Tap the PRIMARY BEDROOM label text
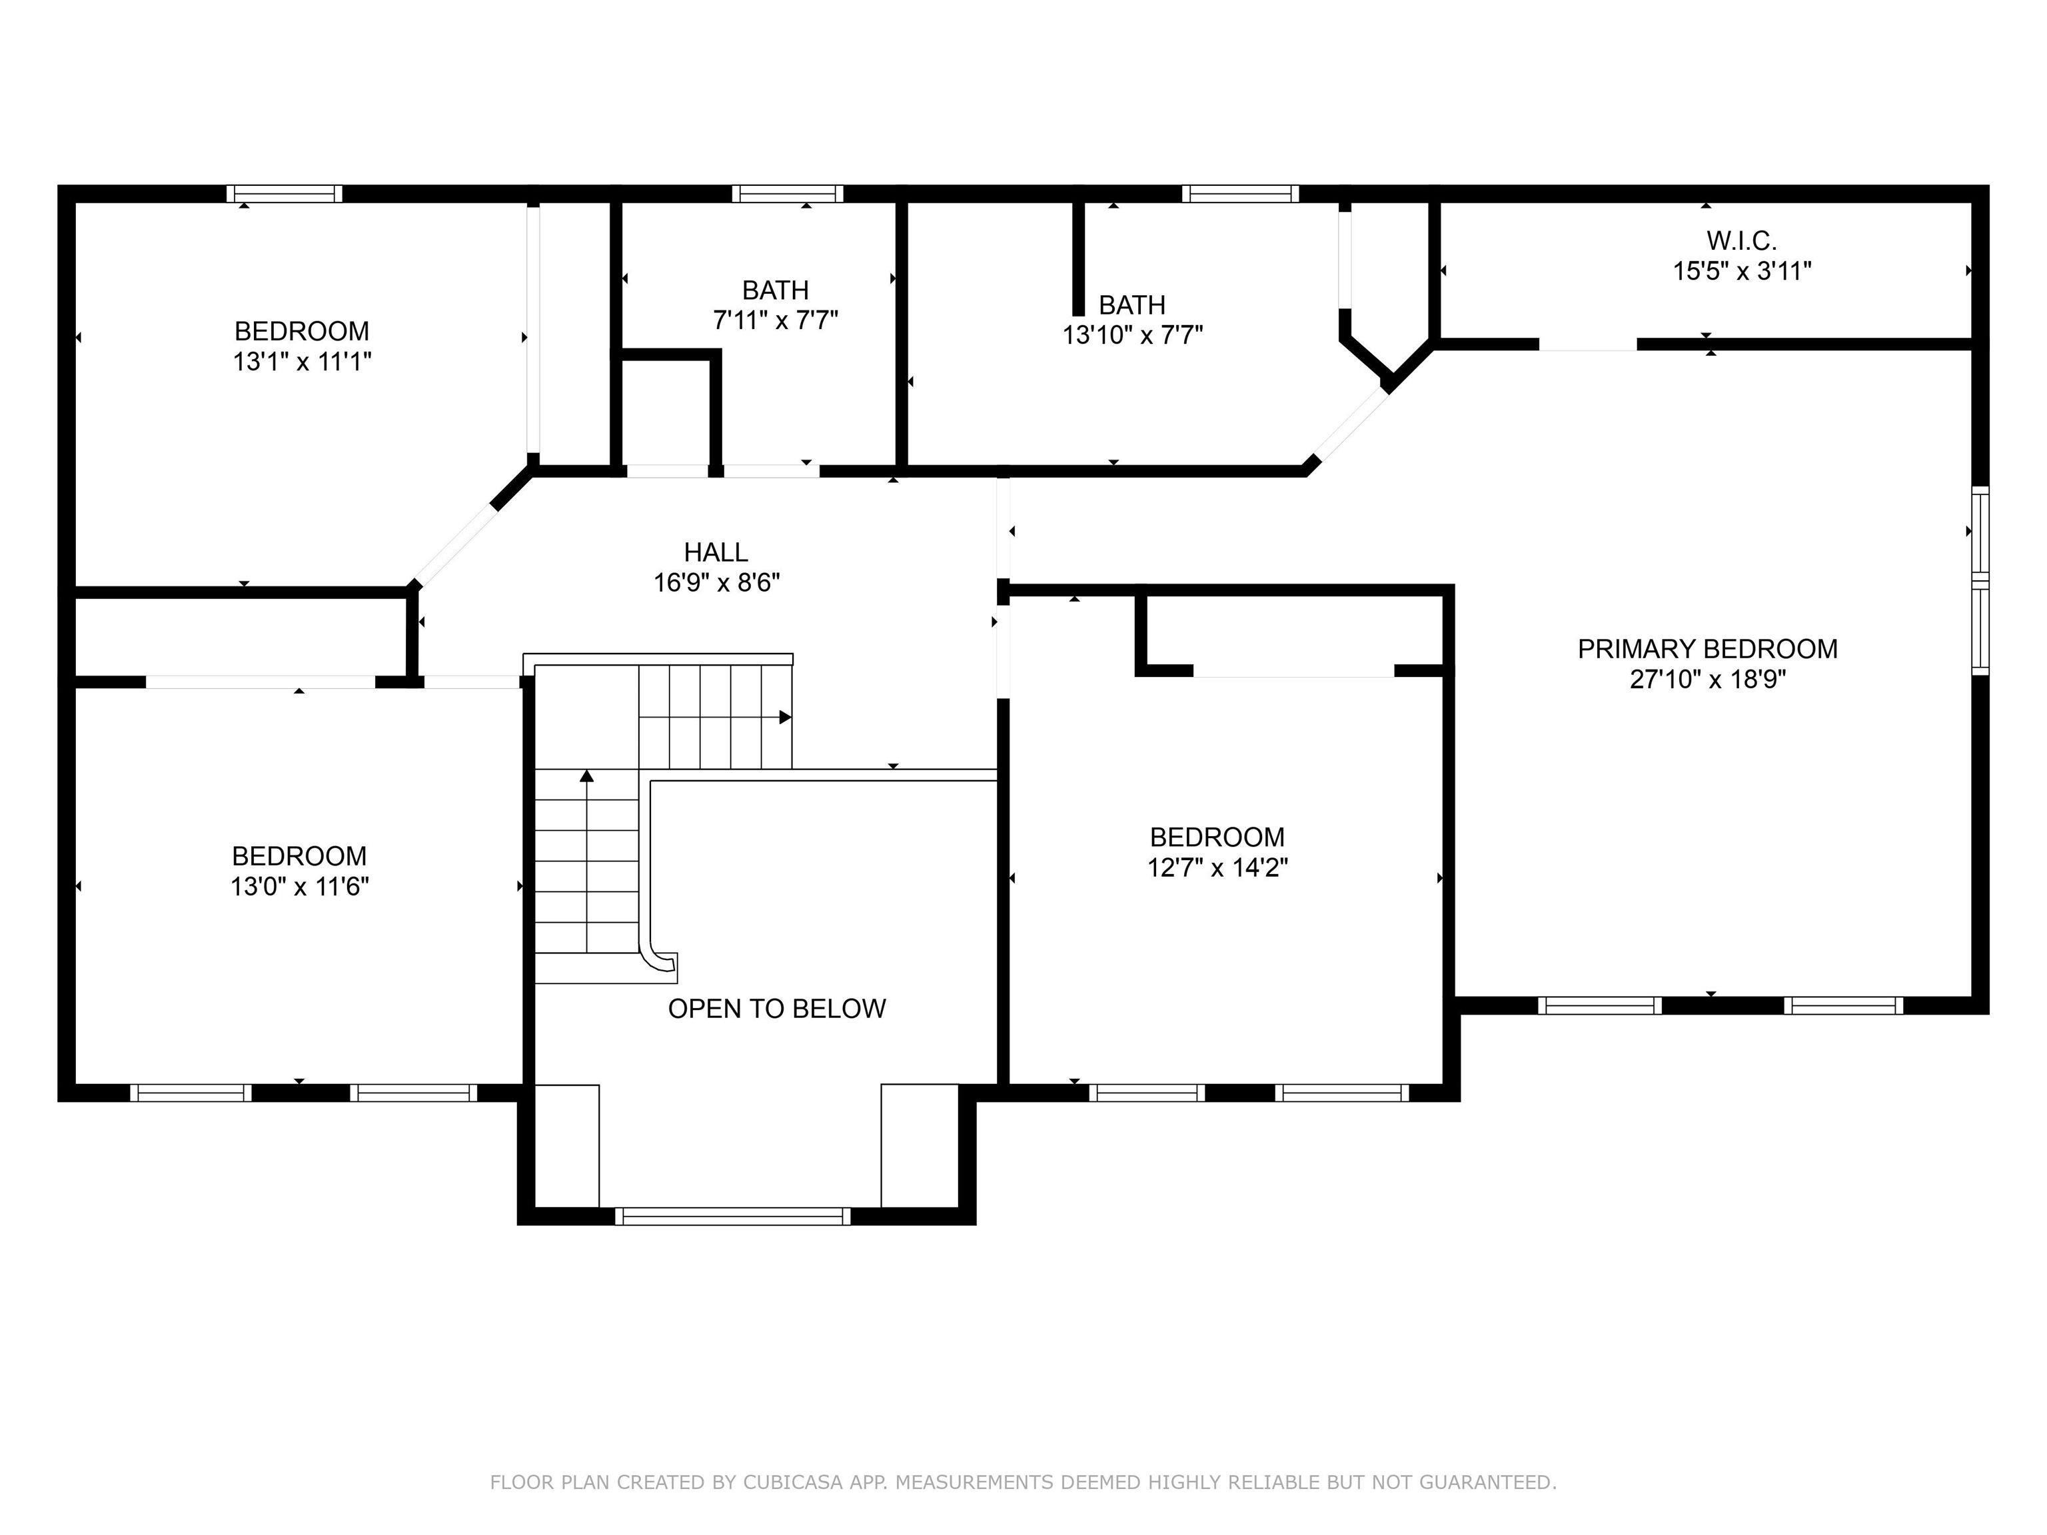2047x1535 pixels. pos(1707,649)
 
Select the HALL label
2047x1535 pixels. pos(716,552)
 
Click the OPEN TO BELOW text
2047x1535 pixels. pos(778,1009)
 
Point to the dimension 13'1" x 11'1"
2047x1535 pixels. pos(302,361)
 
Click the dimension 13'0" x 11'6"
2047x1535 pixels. pos(300,886)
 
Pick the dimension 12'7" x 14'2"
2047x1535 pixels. pos(1218,867)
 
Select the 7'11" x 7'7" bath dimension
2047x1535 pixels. pos(776,320)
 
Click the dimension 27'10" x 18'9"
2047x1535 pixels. pos(1707,679)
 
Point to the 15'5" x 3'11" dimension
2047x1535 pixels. pos(1742,271)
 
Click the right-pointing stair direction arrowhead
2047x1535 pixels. pos(786,717)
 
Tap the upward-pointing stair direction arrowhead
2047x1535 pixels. pos(586,775)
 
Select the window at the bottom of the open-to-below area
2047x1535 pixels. pos(733,1216)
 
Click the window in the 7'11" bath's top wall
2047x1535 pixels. pos(788,193)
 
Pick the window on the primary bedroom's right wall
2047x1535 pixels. pos(1980,580)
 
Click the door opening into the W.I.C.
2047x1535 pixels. pos(1588,344)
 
